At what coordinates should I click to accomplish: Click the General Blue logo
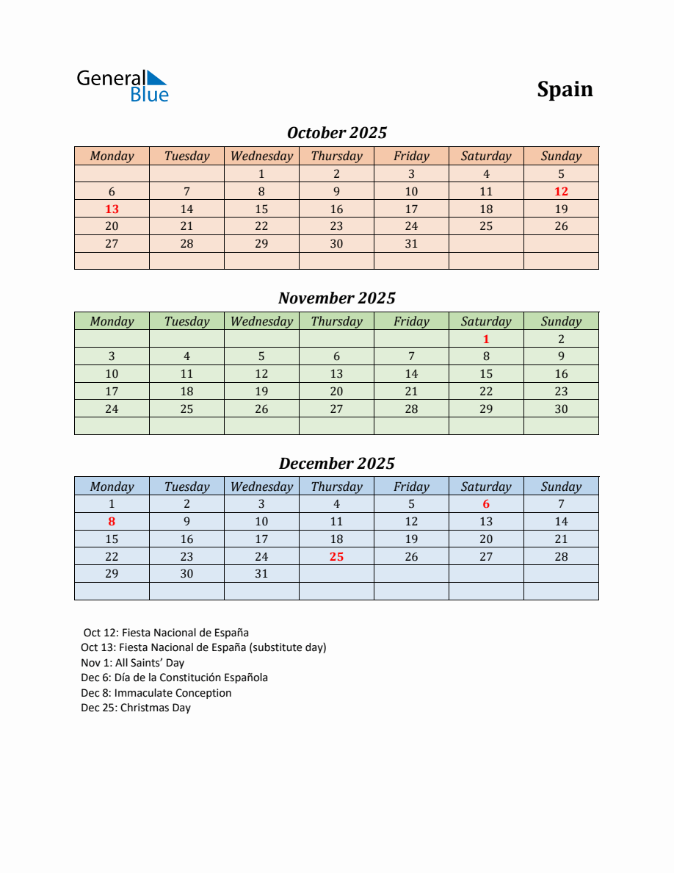click(x=123, y=86)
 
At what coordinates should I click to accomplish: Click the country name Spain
click(x=565, y=89)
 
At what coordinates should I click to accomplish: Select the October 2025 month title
click(x=336, y=133)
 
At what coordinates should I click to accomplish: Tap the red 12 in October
click(x=561, y=191)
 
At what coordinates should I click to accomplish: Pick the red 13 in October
click(x=112, y=209)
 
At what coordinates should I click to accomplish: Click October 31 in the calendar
click(x=411, y=243)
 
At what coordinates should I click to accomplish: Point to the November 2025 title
click(x=336, y=298)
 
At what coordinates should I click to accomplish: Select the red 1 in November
click(x=486, y=339)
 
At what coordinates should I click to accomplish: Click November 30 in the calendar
click(x=561, y=409)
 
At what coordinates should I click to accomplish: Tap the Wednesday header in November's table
click(x=261, y=321)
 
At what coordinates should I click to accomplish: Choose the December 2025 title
click(x=336, y=464)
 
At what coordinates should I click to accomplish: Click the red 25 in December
click(x=336, y=556)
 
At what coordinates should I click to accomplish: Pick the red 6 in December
click(x=486, y=504)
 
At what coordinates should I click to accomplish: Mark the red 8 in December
click(x=112, y=522)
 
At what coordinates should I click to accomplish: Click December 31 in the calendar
click(x=261, y=574)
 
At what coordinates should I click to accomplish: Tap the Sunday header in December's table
click(x=561, y=486)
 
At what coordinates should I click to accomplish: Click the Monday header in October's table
click(x=112, y=156)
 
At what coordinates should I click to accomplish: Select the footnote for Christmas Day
click(x=136, y=708)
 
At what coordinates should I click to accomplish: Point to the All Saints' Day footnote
click(x=133, y=663)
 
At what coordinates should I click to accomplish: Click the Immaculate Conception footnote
click(x=156, y=693)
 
